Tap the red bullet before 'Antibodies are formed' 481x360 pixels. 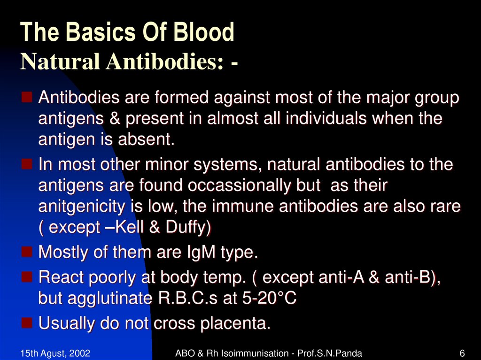click(27, 98)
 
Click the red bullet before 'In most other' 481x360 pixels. click(27, 164)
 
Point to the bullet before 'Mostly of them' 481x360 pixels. click(27, 252)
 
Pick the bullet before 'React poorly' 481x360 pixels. click(27, 277)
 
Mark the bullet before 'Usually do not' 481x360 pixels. click(27, 323)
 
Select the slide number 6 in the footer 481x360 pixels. click(462, 353)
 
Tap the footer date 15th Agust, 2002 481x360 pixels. click(55, 353)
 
